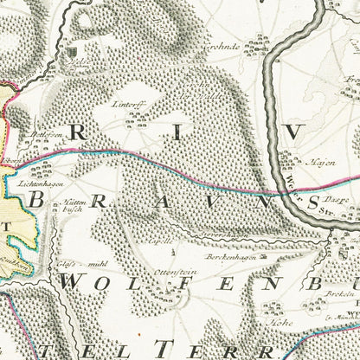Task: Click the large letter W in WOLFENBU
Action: pyautogui.click(x=74, y=283)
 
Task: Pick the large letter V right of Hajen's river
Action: pyautogui.click(x=296, y=131)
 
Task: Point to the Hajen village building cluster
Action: pyautogui.click(x=286, y=157)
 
